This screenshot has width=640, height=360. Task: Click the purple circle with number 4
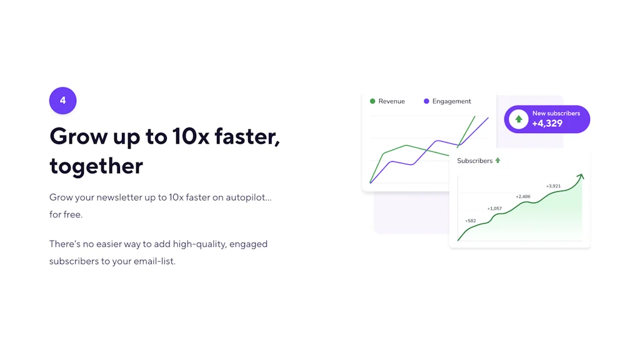(62, 101)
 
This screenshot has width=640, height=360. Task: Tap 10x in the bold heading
(189, 136)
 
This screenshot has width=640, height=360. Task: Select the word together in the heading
(96, 166)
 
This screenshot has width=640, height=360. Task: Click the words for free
(66, 214)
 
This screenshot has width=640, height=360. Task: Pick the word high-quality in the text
(200, 244)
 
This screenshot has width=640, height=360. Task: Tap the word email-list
(154, 261)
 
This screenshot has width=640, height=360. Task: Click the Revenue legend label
(391, 101)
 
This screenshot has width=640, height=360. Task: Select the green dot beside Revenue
(372, 101)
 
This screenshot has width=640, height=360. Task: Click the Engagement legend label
(451, 101)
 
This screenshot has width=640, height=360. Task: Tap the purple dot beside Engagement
(426, 101)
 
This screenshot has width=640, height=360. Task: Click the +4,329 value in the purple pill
(547, 124)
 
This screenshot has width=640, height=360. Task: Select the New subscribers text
(556, 113)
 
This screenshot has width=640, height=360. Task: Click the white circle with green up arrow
(518, 119)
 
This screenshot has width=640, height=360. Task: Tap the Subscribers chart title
(474, 161)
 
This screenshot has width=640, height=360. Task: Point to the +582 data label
(470, 221)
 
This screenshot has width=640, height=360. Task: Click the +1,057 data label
(494, 208)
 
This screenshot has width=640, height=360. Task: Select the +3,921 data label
(552, 186)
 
